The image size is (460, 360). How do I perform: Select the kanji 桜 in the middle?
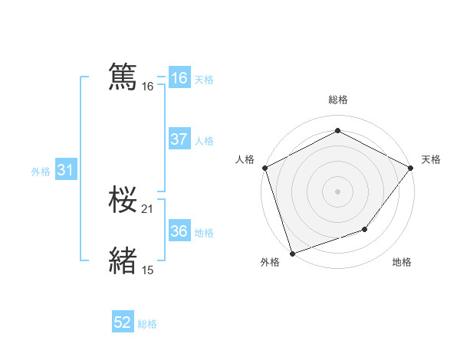(x=123, y=200)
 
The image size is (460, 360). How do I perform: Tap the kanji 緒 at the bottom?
(x=123, y=260)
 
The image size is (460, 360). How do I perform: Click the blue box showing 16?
(x=179, y=78)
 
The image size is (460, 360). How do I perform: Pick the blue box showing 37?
(x=179, y=139)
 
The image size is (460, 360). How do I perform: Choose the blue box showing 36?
(x=179, y=231)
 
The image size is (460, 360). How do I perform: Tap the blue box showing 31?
(x=65, y=170)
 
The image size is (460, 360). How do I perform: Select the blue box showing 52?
(x=123, y=322)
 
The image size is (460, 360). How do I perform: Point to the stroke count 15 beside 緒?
(x=148, y=270)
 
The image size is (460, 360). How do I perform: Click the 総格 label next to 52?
(x=147, y=324)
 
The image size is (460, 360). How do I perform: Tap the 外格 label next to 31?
(x=41, y=172)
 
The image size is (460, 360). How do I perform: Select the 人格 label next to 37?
(x=204, y=141)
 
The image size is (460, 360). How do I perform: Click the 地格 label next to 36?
(x=204, y=233)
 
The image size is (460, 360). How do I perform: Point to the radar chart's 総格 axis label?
(x=337, y=100)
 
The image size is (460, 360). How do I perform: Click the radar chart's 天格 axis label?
(x=431, y=159)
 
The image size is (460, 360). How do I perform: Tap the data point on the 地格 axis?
(x=366, y=229)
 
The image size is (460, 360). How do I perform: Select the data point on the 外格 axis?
(x=292, y=253)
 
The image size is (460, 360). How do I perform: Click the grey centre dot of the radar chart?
(x=337, y=191)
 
